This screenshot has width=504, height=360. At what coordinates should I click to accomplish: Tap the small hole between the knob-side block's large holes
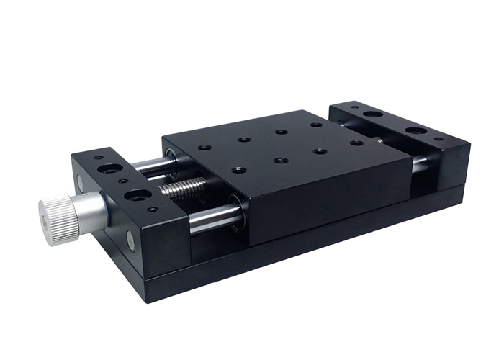tap(122, 182)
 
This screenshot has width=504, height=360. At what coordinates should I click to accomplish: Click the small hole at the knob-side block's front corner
tap(153, 210)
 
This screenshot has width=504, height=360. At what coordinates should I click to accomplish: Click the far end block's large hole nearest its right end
tap(415, 131)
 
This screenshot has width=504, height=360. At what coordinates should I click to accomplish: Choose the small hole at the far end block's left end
tap(354, 109)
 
